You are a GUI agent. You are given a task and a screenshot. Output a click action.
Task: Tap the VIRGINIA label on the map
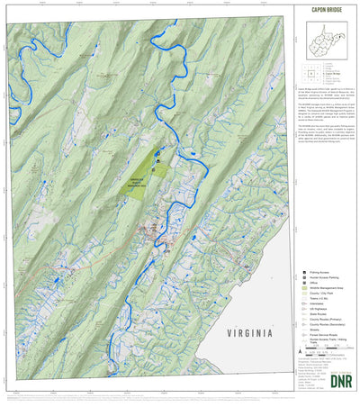click(x=226, y=331)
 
